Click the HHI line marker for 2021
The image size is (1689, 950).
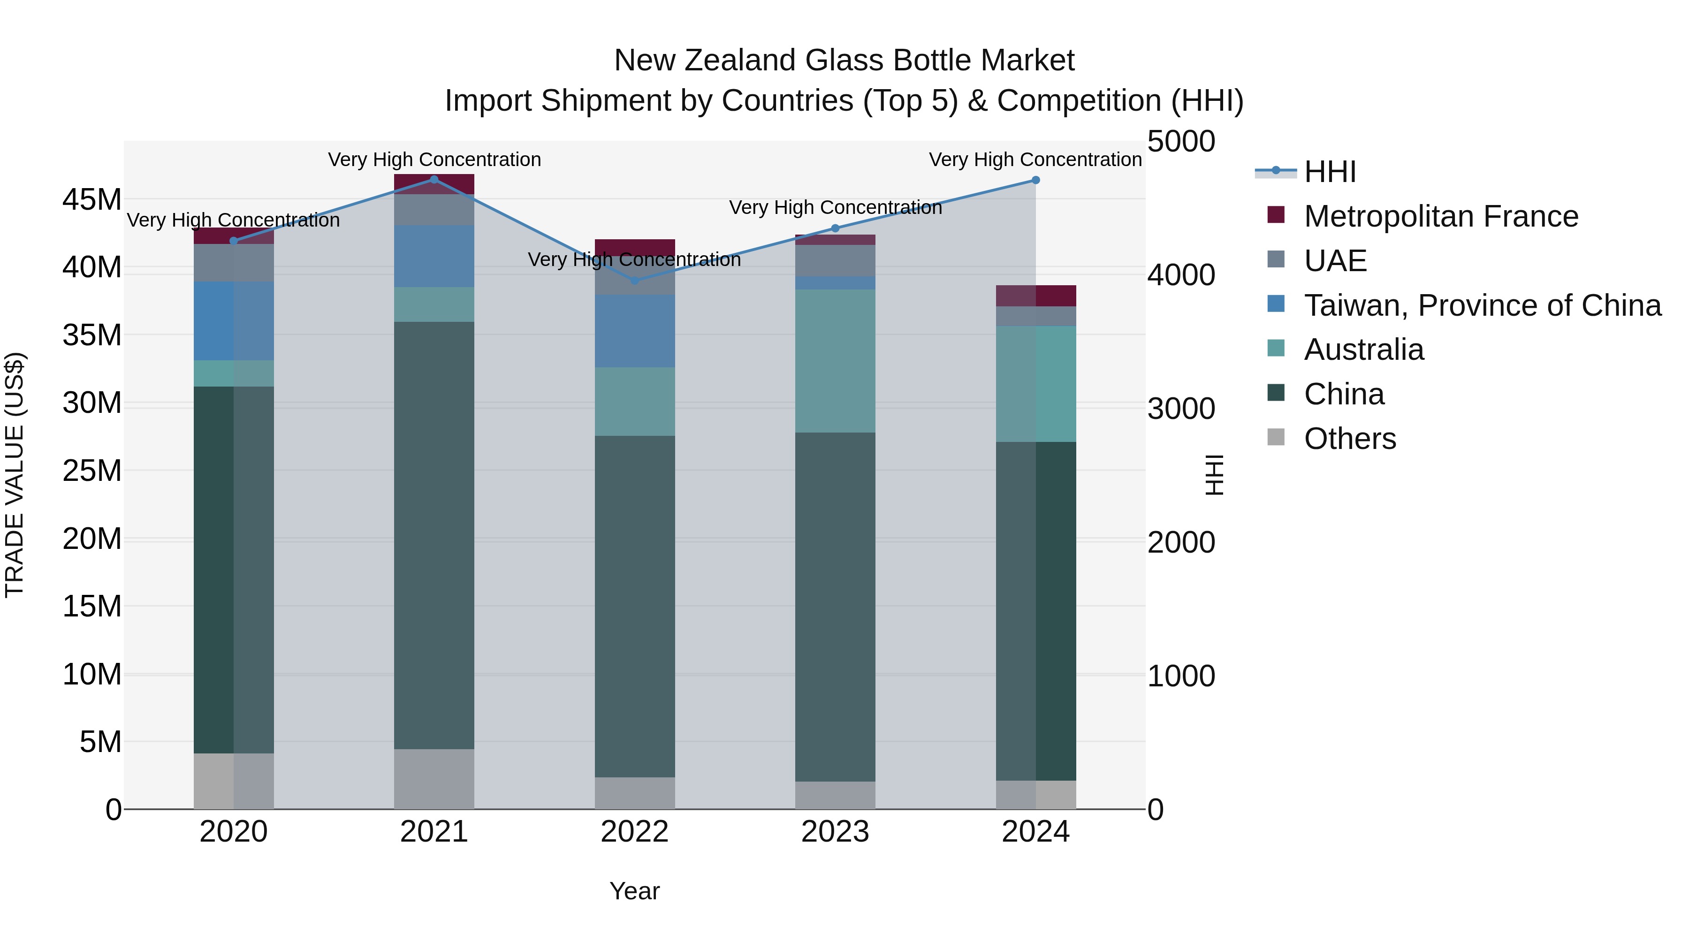pos(434,180)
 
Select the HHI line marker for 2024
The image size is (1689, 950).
pos(1035,180)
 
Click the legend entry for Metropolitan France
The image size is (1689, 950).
pos(1440,216)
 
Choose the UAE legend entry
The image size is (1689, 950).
pos(1335,261)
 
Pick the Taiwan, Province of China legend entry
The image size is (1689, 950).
pos(1482,305)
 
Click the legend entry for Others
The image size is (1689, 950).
pos(1349,439)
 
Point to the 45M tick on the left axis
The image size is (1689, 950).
pos(92,199)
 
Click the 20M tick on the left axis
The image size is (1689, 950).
pos(92,539)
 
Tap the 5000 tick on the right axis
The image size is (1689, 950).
pos(1181,142)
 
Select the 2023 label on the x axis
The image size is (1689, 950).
pos(835,832)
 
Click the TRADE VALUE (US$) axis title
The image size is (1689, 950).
pos(15,475)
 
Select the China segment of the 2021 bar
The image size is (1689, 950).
pos(434,534)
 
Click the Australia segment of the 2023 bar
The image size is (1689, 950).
pos(835,361)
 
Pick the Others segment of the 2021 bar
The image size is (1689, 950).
pos(434,779)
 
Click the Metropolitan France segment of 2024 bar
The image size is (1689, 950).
pos(1035,296)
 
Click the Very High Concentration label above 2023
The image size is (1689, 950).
pos(835,208)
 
